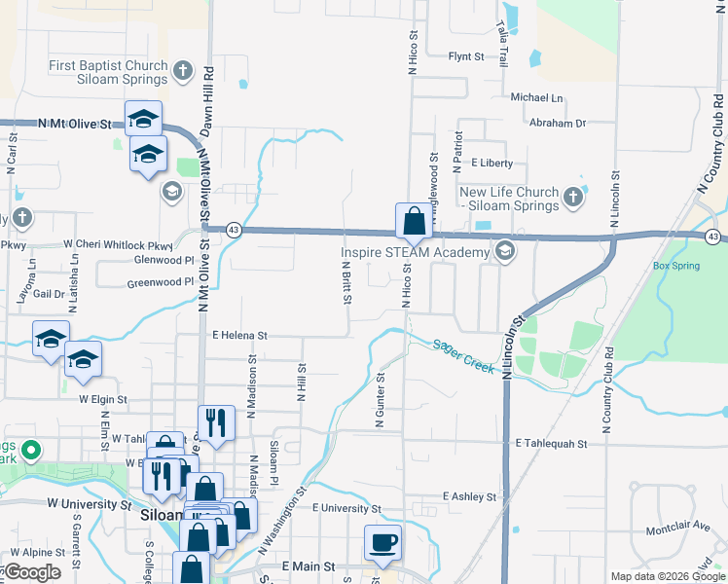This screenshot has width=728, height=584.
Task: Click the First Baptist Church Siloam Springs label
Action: (x=108, y=72)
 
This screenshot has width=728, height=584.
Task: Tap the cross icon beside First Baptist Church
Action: (x=182, y=70)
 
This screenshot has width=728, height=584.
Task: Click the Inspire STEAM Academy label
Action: (x=413, y=253)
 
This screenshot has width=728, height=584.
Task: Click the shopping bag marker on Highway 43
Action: (x=413, y=220)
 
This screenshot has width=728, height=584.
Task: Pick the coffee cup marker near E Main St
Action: (x=382, y=541)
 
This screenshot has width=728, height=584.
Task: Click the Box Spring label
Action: (x=676, y=265)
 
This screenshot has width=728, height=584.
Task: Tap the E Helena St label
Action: (x=239, y=335)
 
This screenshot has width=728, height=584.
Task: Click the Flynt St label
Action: (x=466, y=57)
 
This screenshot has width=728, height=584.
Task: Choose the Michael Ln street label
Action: (x=537, y=98)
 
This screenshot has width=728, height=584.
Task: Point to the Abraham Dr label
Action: (x=558, y=124)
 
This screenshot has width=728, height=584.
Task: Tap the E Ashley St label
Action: (x=469, y=496)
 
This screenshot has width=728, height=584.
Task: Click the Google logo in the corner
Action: (x=32, y=572)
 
